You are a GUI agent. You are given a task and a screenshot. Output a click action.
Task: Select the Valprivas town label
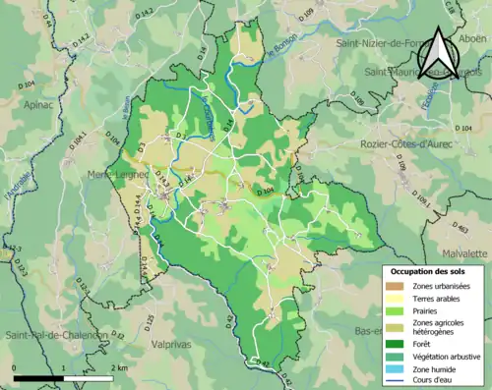(x=168, y=345)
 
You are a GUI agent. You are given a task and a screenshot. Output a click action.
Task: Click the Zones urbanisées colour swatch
(x=395, y=285)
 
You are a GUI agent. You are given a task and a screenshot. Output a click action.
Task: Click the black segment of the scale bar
(x=39, y=377)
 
